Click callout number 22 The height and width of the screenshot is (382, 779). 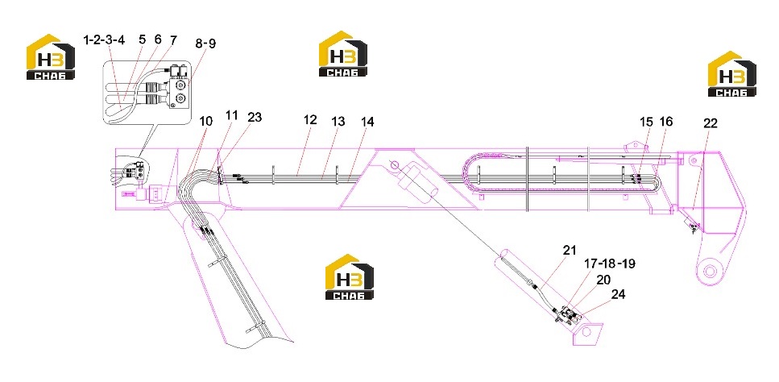tap(710, 123)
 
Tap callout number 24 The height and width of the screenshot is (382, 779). tap(618, 294)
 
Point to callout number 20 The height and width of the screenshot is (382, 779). tap(603, 280)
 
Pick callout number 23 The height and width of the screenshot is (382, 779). tap(254, 118)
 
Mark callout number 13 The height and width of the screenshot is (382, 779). tap(338, 122)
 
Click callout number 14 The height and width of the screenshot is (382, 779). tap(367, 122)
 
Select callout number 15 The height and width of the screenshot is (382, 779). tap(647, 122)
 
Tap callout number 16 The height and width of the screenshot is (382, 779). tap(666, 122)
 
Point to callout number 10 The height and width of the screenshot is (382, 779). tap(205, 121)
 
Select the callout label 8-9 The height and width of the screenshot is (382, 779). tap(205, 44)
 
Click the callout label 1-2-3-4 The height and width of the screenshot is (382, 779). tap(104, 40)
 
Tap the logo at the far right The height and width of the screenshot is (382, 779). tap(731, 73)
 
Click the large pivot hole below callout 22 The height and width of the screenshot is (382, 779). tap(710, 272)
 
